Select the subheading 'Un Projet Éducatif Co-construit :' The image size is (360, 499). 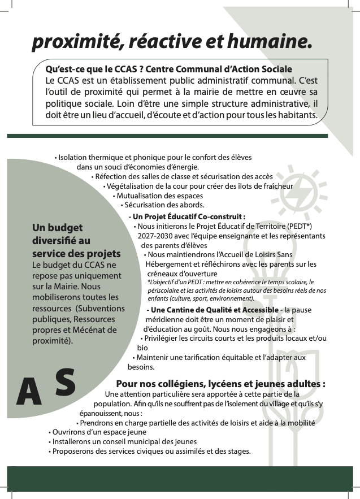tap(187, 216)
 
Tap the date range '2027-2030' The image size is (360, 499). tap(155, 236)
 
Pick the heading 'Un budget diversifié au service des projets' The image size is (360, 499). tap(76, 241)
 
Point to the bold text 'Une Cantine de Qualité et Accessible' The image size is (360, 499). tap(214, 310)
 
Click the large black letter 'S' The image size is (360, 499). tap(66, 382)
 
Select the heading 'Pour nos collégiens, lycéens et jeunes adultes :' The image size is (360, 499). tap(220, 384)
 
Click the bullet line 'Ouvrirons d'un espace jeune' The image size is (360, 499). tap(98, 432)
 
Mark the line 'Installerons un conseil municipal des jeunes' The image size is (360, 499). tap(124, 441)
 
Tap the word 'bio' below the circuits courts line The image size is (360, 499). tap(142, 348)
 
